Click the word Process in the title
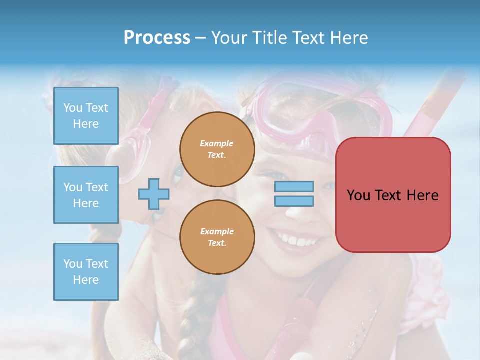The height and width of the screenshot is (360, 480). (x=157, y=38)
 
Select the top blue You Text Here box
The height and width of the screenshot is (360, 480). (x=86, y=116)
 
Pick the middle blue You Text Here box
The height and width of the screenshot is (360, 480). (x=86, y=195)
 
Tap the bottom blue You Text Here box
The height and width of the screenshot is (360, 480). (x=86, y=271)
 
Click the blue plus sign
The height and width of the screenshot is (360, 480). (x=154, y=194)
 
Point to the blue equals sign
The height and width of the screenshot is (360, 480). (x=294, y=194)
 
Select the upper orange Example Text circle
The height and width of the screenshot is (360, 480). (x=217, y=149)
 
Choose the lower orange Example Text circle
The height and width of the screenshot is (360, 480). (x=217, y=237)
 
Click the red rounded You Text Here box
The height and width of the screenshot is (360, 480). (x=393, y=195)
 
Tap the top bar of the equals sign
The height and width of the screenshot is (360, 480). (x=294, y=187)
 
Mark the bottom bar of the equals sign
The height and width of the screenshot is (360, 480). (x=294, y=201)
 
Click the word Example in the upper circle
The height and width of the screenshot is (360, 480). (x=216, y=144)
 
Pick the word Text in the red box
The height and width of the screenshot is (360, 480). (x=388, y=195)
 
